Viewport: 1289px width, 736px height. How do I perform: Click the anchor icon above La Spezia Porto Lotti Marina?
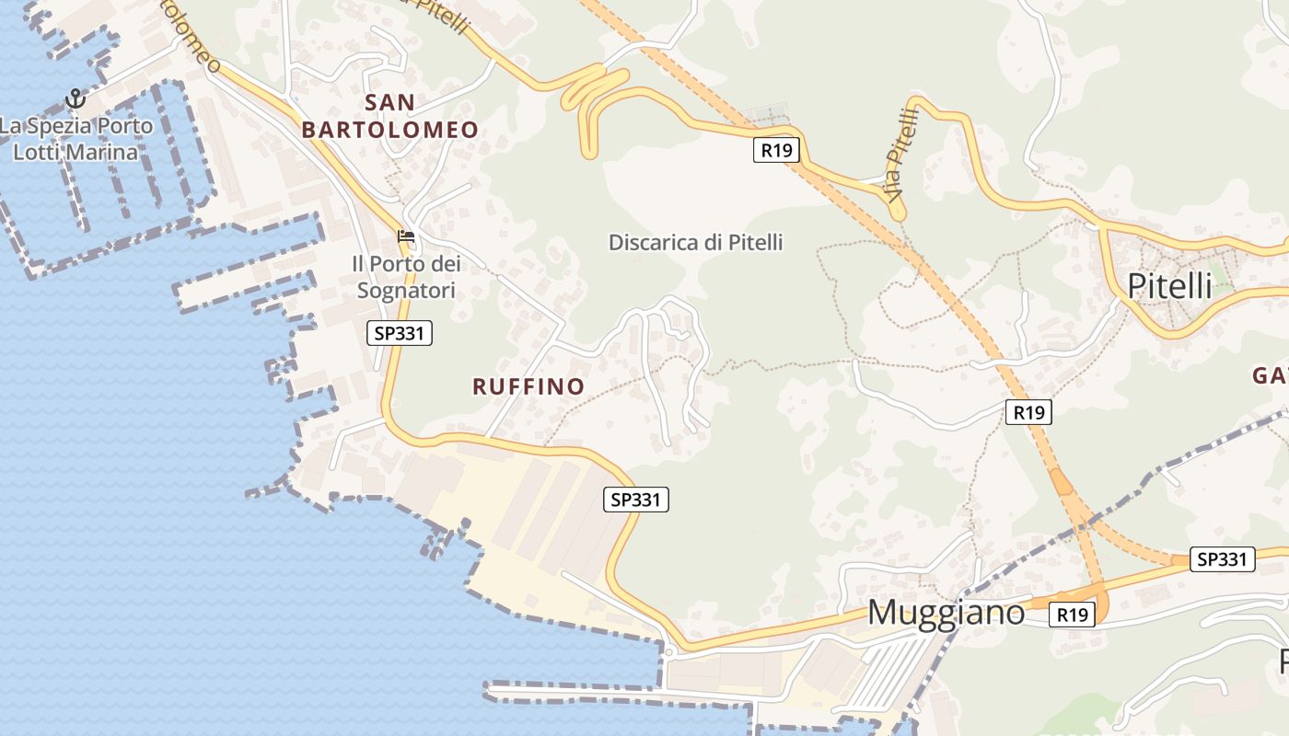tap(75, 98)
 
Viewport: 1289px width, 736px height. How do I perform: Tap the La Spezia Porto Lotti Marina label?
tap(75, 138)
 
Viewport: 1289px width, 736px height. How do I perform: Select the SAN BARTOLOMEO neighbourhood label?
tap(390, 116)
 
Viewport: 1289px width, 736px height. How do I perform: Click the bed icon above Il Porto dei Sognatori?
tap(406, 236)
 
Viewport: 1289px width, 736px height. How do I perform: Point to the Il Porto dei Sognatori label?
tap(405, 277)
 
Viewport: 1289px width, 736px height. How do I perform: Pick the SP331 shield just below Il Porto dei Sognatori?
tap(400, 333)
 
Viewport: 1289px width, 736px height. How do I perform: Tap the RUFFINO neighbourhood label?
tap(528, 386)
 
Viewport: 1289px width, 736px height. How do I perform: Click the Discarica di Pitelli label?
tap(695, 243)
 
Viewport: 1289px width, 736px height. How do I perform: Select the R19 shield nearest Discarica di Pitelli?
tap(775, 150)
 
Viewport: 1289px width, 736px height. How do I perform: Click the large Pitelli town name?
tap(1169, 286)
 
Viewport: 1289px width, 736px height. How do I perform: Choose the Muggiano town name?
tap(946, 613)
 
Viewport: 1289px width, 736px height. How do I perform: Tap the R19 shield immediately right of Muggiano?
tap(1073, 615)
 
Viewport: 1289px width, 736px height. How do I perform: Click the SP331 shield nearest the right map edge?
tap(1222, 558)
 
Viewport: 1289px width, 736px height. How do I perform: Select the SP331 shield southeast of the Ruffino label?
tap(636, 500)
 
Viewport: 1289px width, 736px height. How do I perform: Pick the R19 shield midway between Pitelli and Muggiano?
tap(1028, 412)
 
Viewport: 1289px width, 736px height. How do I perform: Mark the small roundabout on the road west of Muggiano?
tap(669, 652)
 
